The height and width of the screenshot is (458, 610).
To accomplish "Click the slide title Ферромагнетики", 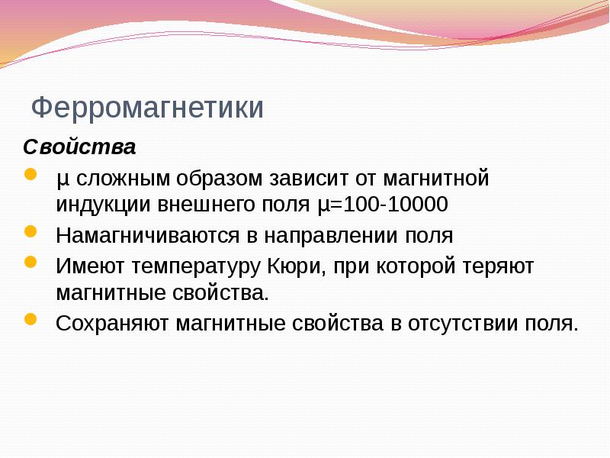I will coord(147,108).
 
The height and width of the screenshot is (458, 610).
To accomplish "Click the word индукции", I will coord(102,205).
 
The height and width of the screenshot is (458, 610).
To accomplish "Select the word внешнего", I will coord(204,205).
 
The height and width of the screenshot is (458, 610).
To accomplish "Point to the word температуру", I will coord(194,266).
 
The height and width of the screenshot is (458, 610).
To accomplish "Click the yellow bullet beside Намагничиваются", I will coord(30,231).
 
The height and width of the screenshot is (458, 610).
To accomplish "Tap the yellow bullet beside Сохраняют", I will coord(30,320).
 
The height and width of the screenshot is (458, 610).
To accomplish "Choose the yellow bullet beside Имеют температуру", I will coord(30,263).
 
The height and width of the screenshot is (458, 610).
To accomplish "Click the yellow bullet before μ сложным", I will coord(30,176).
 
